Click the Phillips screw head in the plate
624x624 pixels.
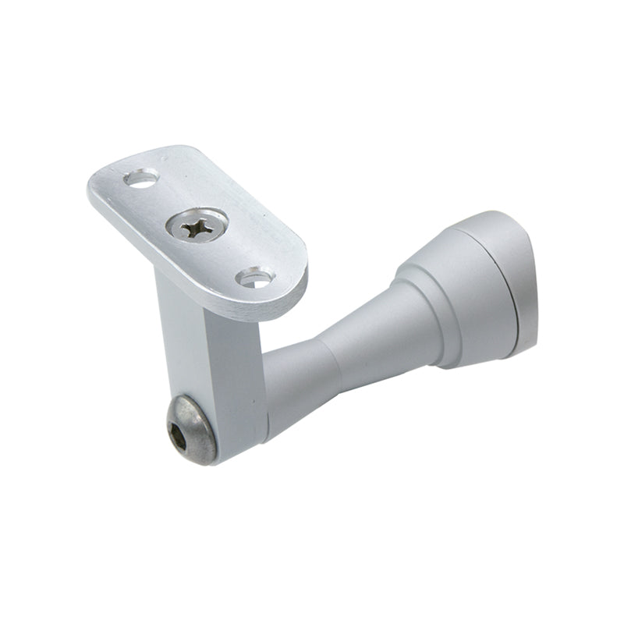[x=196, y=227]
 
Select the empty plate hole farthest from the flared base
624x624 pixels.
[x=140, y=179]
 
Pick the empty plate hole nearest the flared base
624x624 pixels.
[x=254, y=276]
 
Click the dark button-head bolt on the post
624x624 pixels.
[x=191, y=428]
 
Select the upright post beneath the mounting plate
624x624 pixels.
[x=209, y=359]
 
